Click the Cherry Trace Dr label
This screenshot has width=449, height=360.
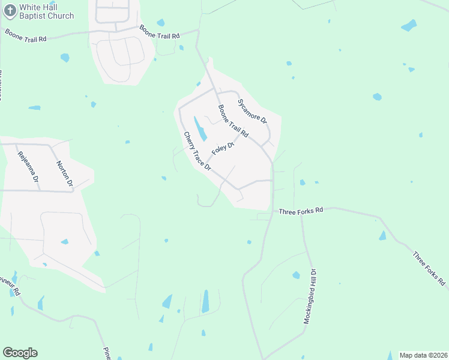pos(197,151)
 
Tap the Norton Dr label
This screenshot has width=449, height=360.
pos(64,173)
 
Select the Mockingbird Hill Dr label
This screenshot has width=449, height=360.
pos(312,296)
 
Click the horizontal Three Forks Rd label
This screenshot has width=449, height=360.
pos(301,210)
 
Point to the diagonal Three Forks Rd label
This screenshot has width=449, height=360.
pos(429,268)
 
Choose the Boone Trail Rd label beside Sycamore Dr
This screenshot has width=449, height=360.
pos(233,121)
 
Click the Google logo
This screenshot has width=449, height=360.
pos(20,353)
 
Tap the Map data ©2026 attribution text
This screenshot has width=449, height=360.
pos(423,355)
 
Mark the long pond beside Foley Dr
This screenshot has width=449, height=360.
pos(200,129)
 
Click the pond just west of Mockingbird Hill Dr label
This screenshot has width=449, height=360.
pos(296,275)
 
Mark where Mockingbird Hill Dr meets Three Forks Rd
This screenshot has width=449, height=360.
pos(301,214)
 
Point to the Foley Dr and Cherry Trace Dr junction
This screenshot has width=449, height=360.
pos(208,163)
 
